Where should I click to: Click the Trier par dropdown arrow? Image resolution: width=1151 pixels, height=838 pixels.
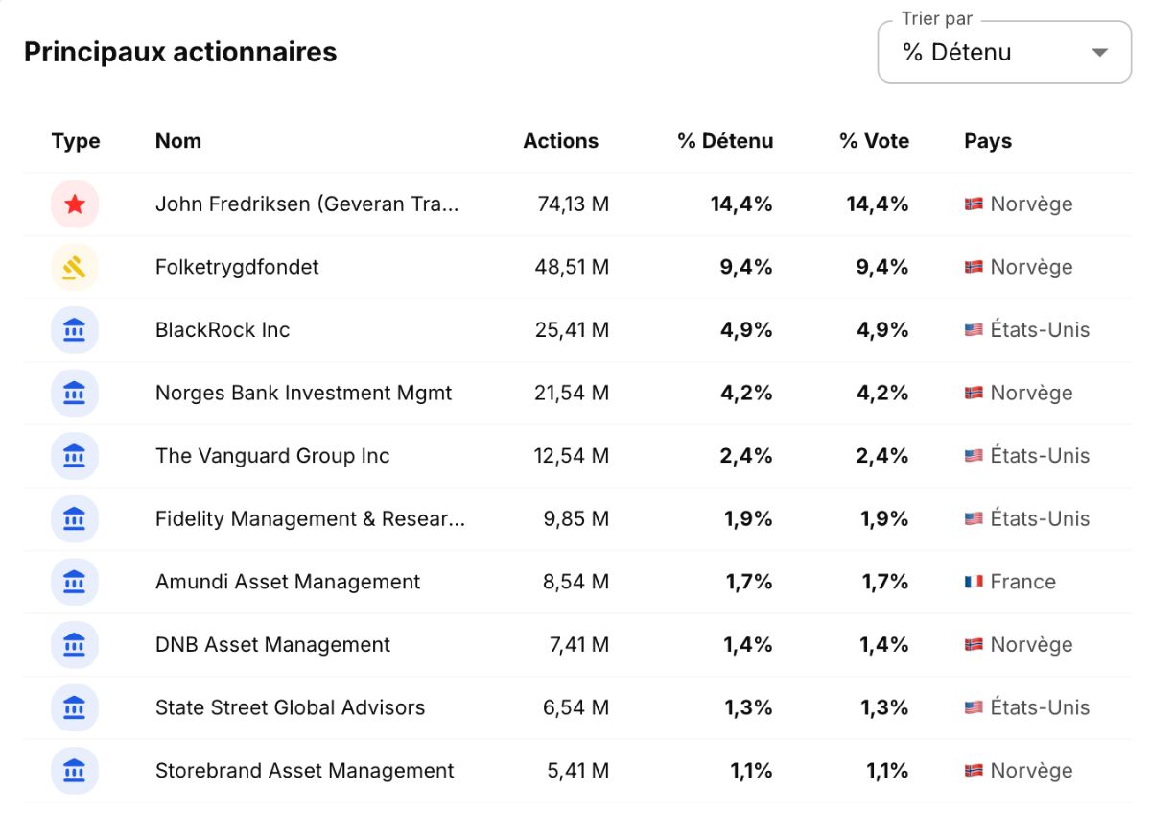[x=1100, y=53]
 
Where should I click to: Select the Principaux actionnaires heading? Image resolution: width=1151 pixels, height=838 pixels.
[x=180, y=52]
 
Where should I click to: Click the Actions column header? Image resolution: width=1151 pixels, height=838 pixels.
[x=560, y=141]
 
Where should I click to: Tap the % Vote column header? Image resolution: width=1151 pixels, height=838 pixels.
[x=875, y=141]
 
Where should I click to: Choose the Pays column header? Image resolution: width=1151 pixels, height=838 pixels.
[x=988, y=141]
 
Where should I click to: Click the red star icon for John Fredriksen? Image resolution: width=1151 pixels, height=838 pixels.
[x=75, y=204]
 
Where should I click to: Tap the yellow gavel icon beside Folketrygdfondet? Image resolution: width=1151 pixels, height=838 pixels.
[x=75, y=268]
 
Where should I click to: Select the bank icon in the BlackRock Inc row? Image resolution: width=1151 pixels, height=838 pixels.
[x=75, y=330]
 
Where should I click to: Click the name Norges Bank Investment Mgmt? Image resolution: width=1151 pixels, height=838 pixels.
[x=303, y=393]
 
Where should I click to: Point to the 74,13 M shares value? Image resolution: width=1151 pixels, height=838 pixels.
[x=573, y=204]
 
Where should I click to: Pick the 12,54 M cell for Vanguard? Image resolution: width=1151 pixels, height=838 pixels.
[x=571, y=456]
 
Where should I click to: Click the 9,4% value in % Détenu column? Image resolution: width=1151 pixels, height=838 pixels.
[x=745, y=268]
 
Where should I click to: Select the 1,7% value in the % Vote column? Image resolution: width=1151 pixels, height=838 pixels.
[x=884, y=582]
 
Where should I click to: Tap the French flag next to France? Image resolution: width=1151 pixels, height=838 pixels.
[x=974, y=582]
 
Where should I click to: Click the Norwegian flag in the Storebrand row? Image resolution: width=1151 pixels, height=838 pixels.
[x=974, y=771]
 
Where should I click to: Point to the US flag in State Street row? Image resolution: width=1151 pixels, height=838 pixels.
[x=974, y=707]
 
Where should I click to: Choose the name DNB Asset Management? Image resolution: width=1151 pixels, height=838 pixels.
[x=272, y=645]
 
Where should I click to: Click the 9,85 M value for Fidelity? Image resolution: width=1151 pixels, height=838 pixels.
[x=576, y=518]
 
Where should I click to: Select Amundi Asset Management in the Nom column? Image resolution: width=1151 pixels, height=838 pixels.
[x=287, y=582]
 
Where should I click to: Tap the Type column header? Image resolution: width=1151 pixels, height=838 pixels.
[x=76, y=141]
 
